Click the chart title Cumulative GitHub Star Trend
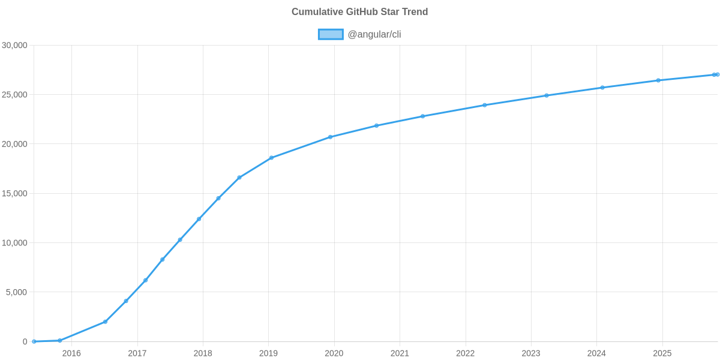pyautogui.click(x=359, y=12)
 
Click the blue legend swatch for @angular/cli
pyautogui.click(x=330, y=34)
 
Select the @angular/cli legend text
pyautogui.click(x=374, y=34)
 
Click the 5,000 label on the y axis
pyautogui.click(x=17, y=292)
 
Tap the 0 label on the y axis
pyautogui.click(x=25, y=342)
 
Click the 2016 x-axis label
pyautogui.click(x=71, y=353)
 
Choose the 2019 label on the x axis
pyautogui.click(x=268, y=353)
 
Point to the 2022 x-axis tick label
pyautogui.click(x=465, y=353)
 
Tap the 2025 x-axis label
pyautogui.click(x=662, y=353)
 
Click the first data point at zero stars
pyautogui.click(x=34, y=341)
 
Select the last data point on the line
pyautogui.click(x=716, y=74)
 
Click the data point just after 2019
pyautogui.click(x=271, y=158)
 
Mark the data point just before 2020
pyautogui.click(x=330, y=137)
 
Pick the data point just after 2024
pyautogui.click(x=602, y=88)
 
